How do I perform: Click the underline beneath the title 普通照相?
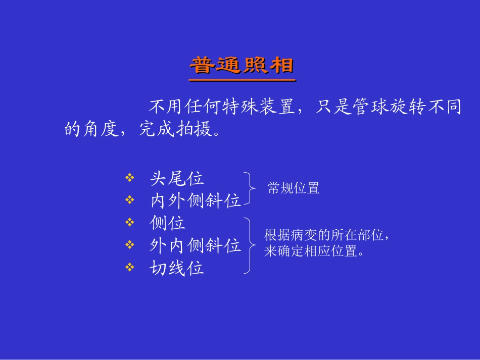coord(242,79)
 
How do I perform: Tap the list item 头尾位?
coord(177,178)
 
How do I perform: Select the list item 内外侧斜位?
coord(196,201)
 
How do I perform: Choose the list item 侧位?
coord(168,223)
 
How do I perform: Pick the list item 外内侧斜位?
coord(196,245)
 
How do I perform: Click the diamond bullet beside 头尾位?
coord(130,178)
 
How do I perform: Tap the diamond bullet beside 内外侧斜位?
coord(130,201)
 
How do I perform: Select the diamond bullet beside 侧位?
coord(130,223)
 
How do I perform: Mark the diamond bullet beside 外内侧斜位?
coord(130,245)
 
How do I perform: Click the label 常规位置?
coord(294,189)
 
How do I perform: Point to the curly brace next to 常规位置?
coord(249,188)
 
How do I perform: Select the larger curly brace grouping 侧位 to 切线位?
coord(249,246)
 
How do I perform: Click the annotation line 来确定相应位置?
coord(314,251)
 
